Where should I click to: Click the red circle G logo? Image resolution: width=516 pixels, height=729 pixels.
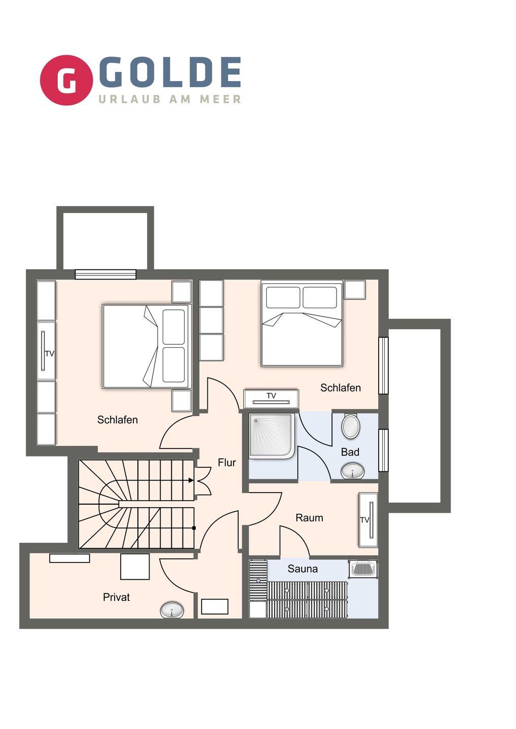[x=66, y=80]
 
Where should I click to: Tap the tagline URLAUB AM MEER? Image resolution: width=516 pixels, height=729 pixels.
[x=170, y=99]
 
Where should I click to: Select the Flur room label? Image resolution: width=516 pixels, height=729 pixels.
[x=227, y=463]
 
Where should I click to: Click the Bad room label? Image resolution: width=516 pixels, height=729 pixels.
[x=350, y=452]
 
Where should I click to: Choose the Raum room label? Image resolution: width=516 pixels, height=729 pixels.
[x=309, y=517]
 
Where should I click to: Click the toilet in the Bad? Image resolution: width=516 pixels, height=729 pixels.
[x=350, y=426]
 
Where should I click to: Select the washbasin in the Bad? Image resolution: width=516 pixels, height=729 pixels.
[x=352, y=471]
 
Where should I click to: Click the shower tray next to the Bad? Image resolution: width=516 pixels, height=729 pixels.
[x=272, y=436]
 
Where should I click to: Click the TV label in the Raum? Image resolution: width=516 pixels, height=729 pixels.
[x=364, y=520]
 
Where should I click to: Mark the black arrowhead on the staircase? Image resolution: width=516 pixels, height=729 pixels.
[x=191, y=480]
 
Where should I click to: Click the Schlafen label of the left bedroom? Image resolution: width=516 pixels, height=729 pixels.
[x=117, y=420]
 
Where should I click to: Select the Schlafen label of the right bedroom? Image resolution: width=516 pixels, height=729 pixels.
[x=341, y=388]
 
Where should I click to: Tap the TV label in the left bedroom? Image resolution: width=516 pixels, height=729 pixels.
[x=50, y=353]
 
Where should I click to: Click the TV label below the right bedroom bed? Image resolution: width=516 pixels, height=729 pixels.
[x=271, y=395]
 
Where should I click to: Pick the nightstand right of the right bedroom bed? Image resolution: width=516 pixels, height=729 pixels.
[x=355, y=290]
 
